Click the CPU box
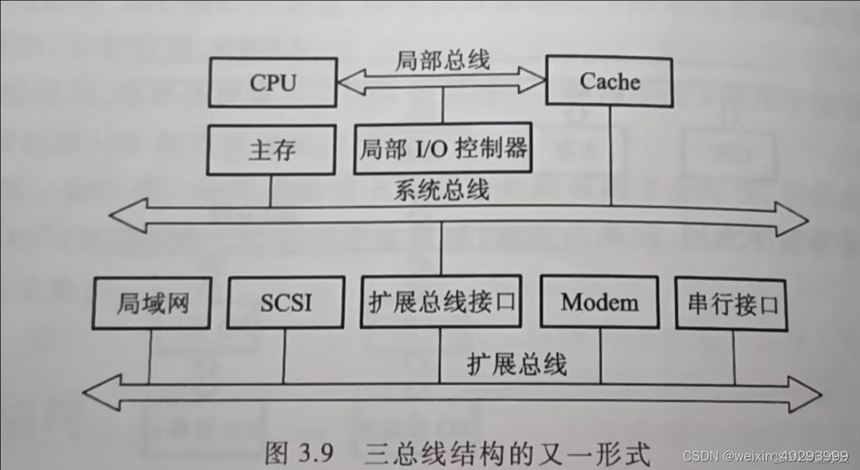pyautogui.click(x=272, y=82)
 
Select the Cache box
pyautogui.click(x=609, y=81)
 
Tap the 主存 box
pyautogui.click(x=272, y=150)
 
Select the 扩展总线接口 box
pyautogui.click(x=440, y=302)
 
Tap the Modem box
pyautogui.click(x=600, y=302)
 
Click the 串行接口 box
pyautogui.click(x=732, y=305)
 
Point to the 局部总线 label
pyautogui.click(x=442, y=60)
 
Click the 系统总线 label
pyautogui.click(x=442, y=191)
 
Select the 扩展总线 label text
pyautogui.click(x=517, y=364)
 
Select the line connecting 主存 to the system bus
pyautogui.click(x=271, y=190)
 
